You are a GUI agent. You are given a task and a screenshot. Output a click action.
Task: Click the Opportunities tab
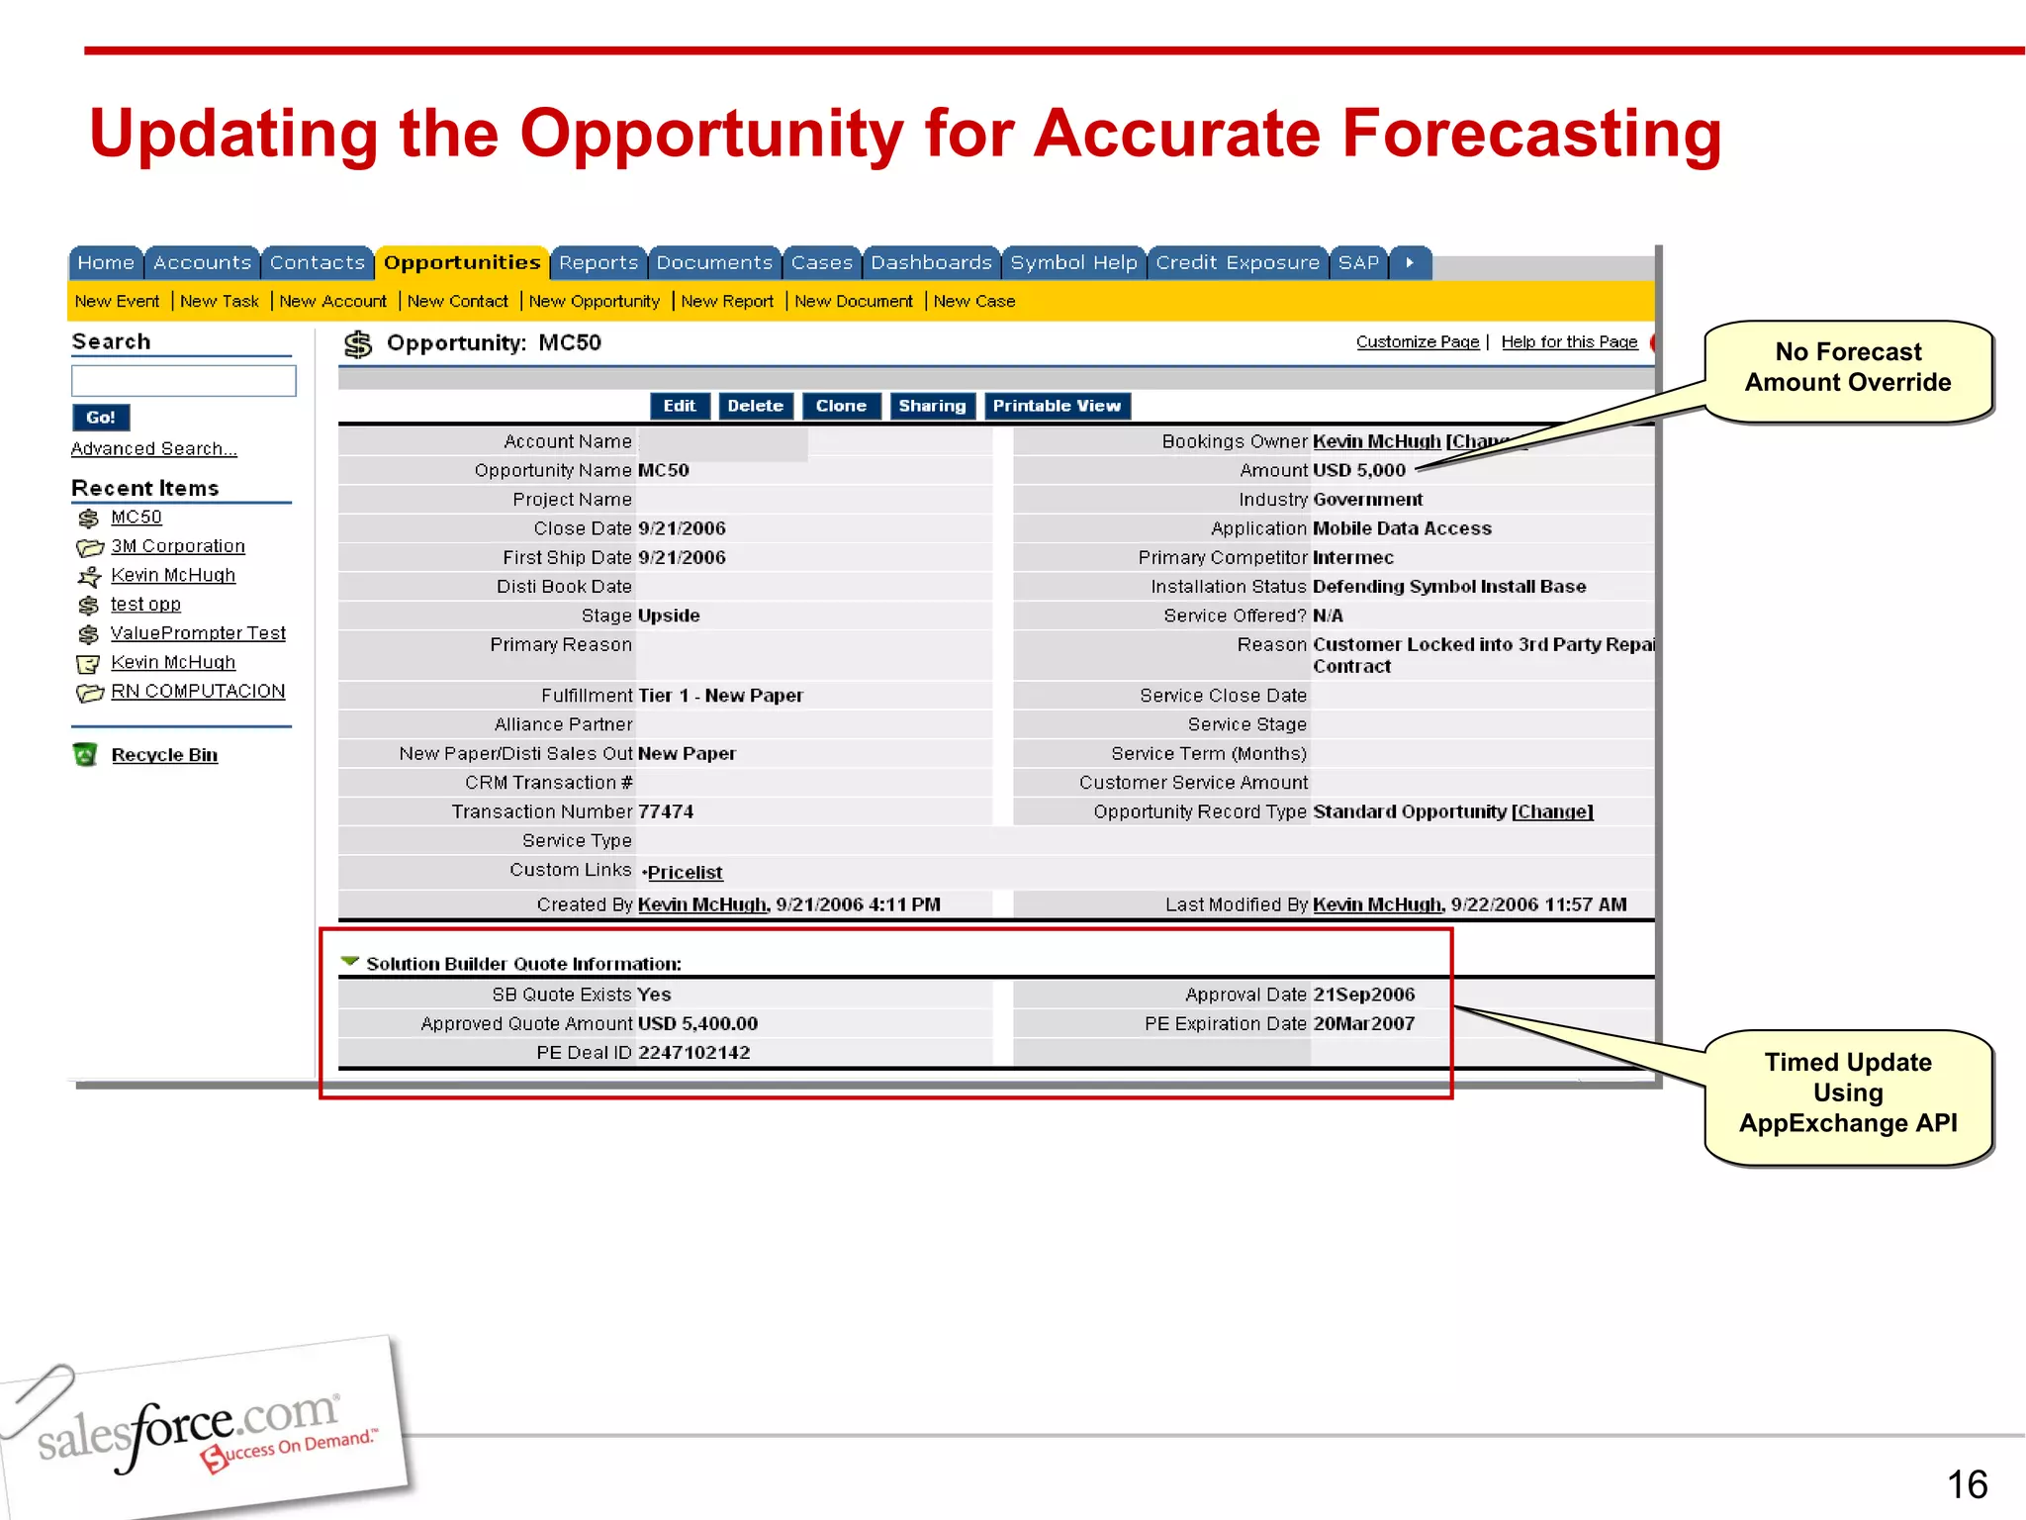tap(462, 263)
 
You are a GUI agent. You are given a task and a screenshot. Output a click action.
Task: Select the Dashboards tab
tap(931, 263)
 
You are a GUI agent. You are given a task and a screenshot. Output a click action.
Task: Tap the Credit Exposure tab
tap(1238, 263)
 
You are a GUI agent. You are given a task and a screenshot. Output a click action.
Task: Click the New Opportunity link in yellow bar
tap(594, 302)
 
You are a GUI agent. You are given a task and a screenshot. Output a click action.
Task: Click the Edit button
tap(680, 407)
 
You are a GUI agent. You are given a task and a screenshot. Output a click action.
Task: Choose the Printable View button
tap(1057, 407)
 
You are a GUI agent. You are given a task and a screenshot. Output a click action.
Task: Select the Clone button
tap(841, 407)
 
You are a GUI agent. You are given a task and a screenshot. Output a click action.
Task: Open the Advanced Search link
tap(154, 449)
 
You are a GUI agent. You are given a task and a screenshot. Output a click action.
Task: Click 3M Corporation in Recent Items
tap(178, 546)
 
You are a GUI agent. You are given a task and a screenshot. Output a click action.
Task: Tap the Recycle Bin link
tap(164, 755)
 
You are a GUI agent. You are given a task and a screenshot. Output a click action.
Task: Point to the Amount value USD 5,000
tap(1358, 471)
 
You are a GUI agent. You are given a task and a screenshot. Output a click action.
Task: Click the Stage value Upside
tap(669, 616)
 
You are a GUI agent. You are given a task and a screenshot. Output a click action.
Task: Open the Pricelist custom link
tap(685, 873)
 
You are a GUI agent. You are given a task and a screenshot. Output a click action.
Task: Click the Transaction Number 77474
tap(666, 812)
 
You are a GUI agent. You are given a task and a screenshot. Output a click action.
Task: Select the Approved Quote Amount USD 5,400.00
tap(697, 1024)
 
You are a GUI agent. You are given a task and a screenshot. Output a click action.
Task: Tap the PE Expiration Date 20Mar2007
tap(1363, 1024)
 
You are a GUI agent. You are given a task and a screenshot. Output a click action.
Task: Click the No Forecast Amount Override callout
tap(1847, 368)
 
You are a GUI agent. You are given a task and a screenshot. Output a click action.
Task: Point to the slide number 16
tap(1966, 1484)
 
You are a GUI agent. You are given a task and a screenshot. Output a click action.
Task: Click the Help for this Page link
tap(1569, 342)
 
